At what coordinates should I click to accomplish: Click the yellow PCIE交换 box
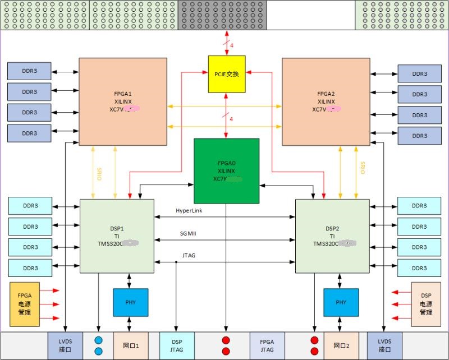click(x=227, y=73)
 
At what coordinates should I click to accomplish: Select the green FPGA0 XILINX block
click(x=226, y=170)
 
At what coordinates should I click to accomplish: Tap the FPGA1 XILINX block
click(x=122, y=101)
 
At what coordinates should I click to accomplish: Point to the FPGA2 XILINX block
click(x=326, y=101)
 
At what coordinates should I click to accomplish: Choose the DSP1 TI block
click(x=117, y=236)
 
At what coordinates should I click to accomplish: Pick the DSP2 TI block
click(x=332, y=236)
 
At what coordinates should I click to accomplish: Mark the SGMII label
click(x=188, y=233)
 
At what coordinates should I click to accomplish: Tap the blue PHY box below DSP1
click(x=130, y=302)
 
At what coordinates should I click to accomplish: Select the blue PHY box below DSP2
click(x=341, y=302)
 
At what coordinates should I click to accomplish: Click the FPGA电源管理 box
click(x=24, y=304)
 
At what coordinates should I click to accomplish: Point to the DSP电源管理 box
click(x=426, y=304)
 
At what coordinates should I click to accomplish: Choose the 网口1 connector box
click(x=130, y=345)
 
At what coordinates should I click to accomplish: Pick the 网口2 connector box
click(x=341, y=345)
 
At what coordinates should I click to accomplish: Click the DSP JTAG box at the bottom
click(x=177, y=345)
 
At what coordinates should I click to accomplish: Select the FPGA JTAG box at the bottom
click(x=267, y=345)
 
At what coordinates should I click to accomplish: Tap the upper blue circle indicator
click(x=99, y=340)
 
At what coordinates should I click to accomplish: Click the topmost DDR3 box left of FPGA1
click(x=29, y=71)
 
